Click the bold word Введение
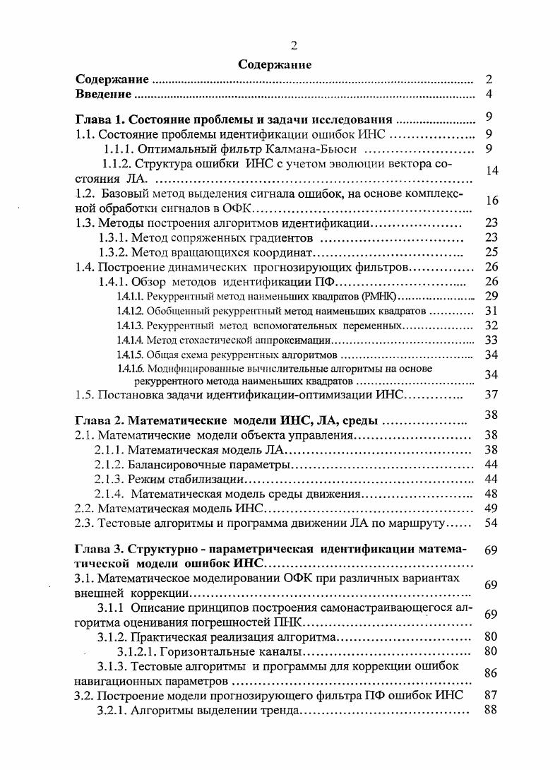pyautogui.click(x=104, y=94)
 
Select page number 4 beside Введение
pyautogui.click(x=489, y=95)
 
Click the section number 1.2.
pyautogui.click(x=85, y=194)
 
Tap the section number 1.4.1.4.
pyautogui.click(x=130, y=340)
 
